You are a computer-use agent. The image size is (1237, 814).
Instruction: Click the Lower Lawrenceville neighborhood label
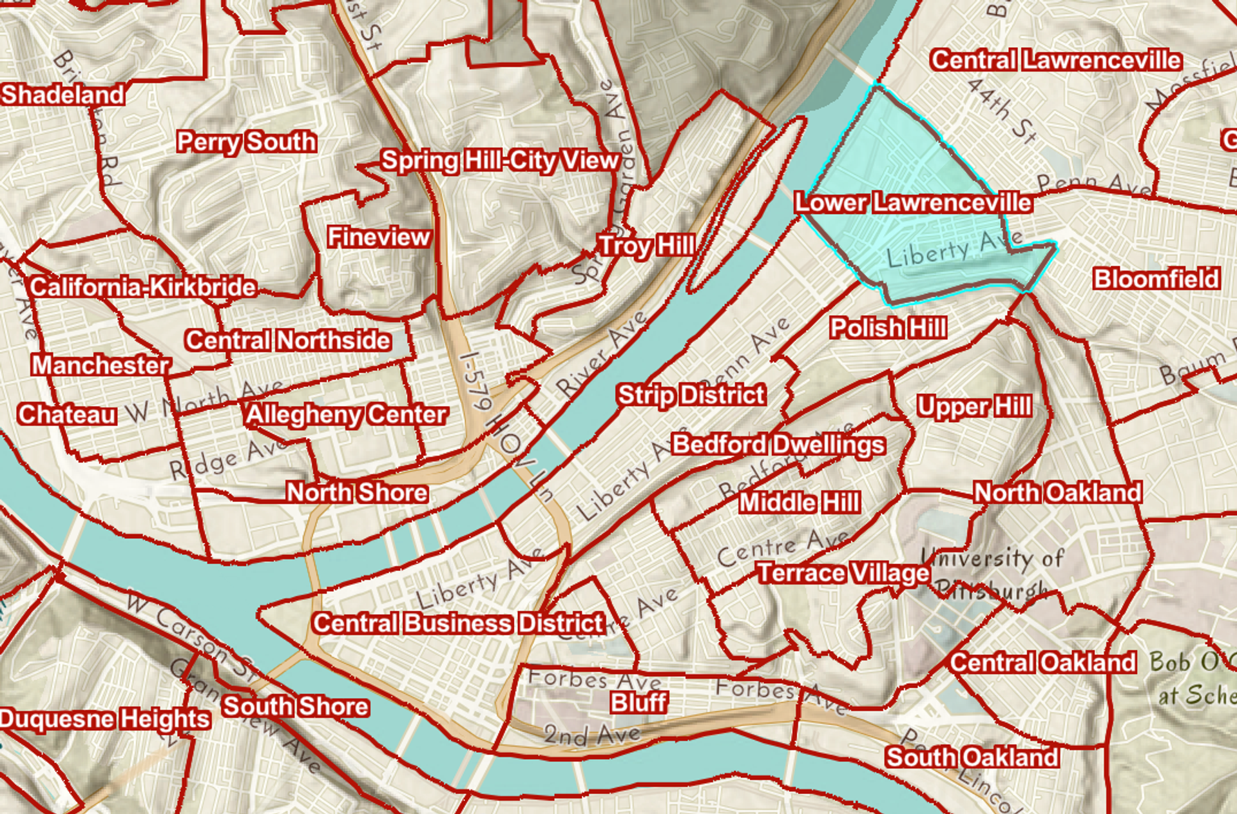click(x=913, y=202)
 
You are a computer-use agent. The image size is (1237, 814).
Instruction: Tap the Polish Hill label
click(x=888, y=327)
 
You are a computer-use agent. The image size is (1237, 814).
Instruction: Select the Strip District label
click(x=691, y=394)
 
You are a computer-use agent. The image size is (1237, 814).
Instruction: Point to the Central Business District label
click(x=458, y=623)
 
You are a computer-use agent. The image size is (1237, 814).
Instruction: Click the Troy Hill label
click(x=646, y=246)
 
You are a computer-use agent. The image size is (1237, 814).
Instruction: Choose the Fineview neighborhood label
click(x=378, y=237)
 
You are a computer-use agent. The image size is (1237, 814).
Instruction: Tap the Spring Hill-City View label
click(x=499, y=160)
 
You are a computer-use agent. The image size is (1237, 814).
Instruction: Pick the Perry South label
click(x=246, y=142)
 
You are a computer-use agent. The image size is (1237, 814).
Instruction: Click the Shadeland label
click(x=62, y=95)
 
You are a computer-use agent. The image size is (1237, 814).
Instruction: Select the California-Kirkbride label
click(x=142, y=287)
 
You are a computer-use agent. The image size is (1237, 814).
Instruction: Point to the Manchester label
click(x=101, y=365)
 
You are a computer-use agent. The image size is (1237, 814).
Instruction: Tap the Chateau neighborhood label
click(x=67, y=414)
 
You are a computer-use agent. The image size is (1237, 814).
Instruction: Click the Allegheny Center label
click(x=346, y=415)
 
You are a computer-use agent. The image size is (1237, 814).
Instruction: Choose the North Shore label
click(x=357, y=492)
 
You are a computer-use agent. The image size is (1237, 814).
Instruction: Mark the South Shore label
click(x=295, y=706)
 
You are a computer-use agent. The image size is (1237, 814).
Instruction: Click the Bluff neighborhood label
click(x=638, y=702)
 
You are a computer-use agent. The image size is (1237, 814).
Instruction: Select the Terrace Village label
click(x=843, y=573)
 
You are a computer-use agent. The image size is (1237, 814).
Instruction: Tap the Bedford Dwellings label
click(x=778, y=444)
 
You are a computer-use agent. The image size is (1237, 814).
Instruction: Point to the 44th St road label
click(x=1002, y=110)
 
